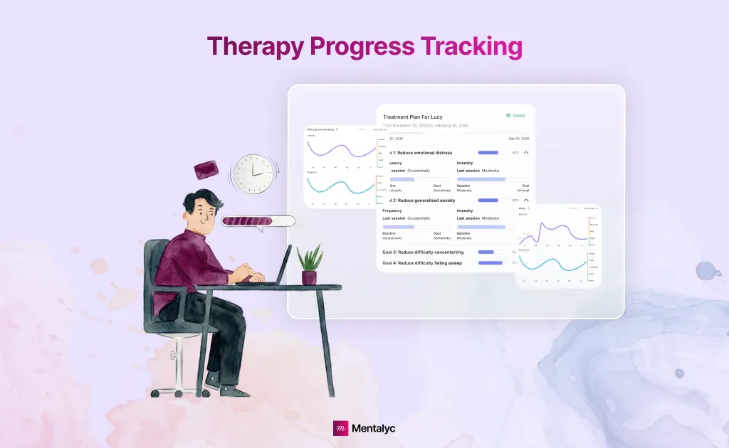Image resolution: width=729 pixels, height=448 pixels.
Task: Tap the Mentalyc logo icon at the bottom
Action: tap(341, 428)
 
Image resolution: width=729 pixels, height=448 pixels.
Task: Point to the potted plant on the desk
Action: tap(310, 265)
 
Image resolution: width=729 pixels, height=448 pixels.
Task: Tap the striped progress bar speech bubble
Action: tap(257, 221)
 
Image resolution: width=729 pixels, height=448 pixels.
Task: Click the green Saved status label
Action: tap(516, 115)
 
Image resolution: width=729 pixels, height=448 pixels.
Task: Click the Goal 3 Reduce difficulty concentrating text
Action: tap(423, 252)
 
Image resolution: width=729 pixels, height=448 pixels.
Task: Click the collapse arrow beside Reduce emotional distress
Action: tap(526, 152)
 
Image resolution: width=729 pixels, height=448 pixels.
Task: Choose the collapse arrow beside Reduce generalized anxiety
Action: tap(526, 201)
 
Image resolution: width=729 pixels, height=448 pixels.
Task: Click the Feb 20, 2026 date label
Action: tap(518, 139)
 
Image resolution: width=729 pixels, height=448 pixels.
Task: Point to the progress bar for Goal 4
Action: tap(490, 263)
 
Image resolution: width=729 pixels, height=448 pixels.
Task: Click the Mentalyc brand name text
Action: tap(374, 428)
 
